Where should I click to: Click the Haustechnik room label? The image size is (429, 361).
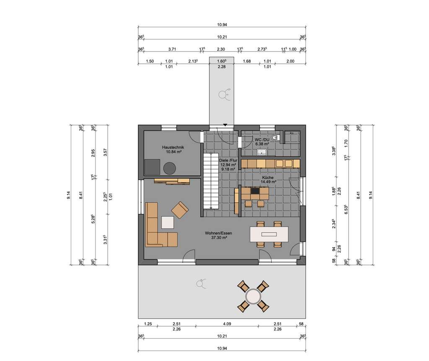pyautogui.click(x=173, y=148)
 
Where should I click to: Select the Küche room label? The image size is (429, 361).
pyautogui.click(x=268, y=177)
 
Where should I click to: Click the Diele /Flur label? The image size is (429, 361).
pyautogui.click(x=228, y=160)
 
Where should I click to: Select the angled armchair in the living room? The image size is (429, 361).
pyautogui.click(x=180, y=210)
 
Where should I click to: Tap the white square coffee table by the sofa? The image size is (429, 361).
pyautogui.click(x=168, y=222)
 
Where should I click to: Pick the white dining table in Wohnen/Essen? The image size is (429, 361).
pyautogui.click(x=268, y=234)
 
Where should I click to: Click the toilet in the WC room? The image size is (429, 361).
pyautogui.click(x=274, y=137)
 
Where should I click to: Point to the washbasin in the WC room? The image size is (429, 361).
pyautogui.click(x=263, y=152)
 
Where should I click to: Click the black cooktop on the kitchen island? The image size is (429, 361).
pyautogui.click(x=255, y=191)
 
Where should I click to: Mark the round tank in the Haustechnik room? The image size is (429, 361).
pyautogui.click(x=170, y=168)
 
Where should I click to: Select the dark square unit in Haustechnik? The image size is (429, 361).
pyautogui.click(x=152, y=166)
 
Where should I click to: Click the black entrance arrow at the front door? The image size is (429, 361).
pyautogui.click(x=225, y=125)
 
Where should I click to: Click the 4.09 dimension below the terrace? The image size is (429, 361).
pyautogui.click(x=227, y=324)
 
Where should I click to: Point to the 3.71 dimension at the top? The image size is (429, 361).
pyautogui.click(x=171, y=49)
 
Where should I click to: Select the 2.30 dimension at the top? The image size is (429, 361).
pyautogui.click(x=221, y=49)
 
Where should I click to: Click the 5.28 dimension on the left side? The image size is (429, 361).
pyautogui.click(x=93, y=218)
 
